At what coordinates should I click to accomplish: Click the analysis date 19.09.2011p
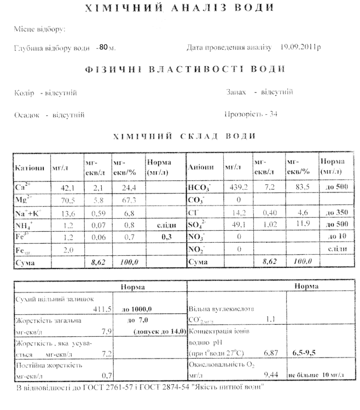300,48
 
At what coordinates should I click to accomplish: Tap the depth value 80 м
106,48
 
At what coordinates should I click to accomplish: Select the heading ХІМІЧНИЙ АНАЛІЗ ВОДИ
178,8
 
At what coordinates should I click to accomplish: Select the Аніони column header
198,167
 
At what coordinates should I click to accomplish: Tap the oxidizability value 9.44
270,374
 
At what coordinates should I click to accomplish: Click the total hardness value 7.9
107,331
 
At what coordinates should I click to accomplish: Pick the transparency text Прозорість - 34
251,114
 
